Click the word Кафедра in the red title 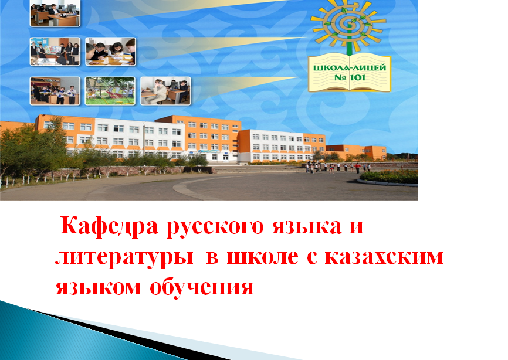tap(109, 226)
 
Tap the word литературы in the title tap(124, 259)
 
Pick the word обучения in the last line tap(202, 286)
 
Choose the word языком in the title tap(99, 287)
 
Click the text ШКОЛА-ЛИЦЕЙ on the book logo tap(350, 68)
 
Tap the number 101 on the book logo tap(357, 78)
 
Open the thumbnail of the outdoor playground tap(110, 91)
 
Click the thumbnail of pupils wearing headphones tap(165, 91)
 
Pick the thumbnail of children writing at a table tap(110, 52)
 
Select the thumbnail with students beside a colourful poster tap(55, 52)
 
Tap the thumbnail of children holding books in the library tap(55, 91)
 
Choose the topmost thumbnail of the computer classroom tap(55, 13)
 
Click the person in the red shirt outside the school tap(357, 168)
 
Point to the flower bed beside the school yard tap(388, 177)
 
